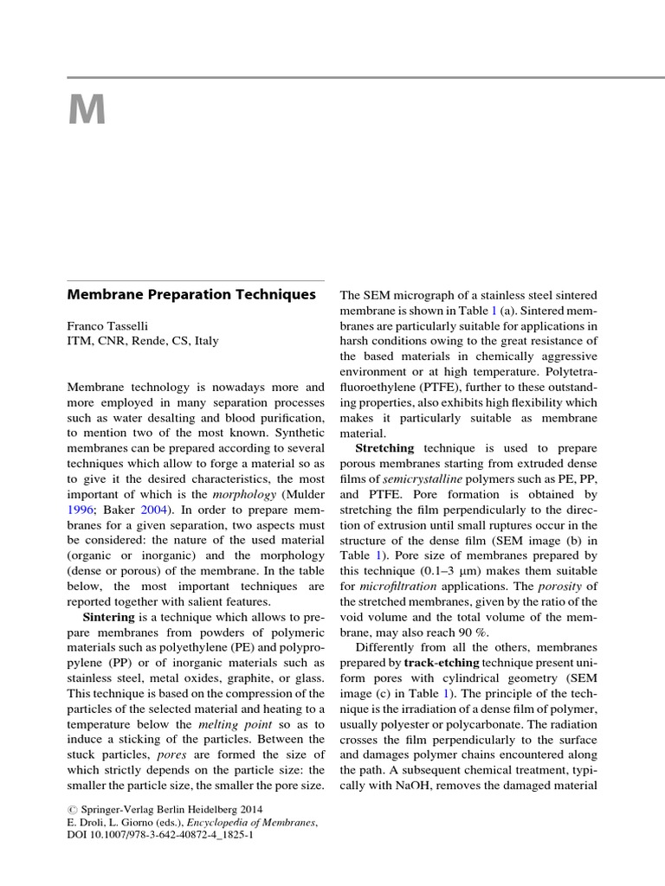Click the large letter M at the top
click(x=87, y=110)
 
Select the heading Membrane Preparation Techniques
click(x=191, y=295)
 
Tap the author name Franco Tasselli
click(x=110, y=325)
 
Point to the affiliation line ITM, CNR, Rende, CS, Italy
click(x=143, y=341)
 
